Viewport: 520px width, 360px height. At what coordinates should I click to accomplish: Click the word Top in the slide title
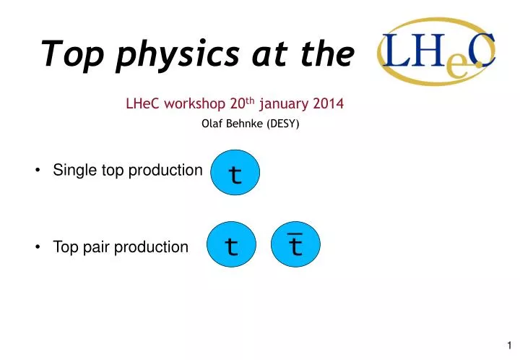pos(65,53)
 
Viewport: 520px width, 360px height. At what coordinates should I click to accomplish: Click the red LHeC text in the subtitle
pos(142,103)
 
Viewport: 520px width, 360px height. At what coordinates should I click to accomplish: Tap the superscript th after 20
pos(253,100)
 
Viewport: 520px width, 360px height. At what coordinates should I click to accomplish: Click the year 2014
pos(330,103)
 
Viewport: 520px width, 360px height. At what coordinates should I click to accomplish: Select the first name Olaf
pos(211,124)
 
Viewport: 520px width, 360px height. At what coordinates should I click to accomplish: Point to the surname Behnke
pos(246,124)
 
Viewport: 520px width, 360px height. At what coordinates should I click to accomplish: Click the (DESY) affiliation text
pos(283,124)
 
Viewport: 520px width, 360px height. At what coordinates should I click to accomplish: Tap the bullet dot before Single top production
pos(37,171)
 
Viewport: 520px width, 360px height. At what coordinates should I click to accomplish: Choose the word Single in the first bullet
pos(71,171)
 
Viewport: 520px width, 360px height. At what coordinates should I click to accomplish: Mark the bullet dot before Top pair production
pos(37,247)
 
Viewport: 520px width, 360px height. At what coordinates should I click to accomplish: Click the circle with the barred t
pos(295,246)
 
